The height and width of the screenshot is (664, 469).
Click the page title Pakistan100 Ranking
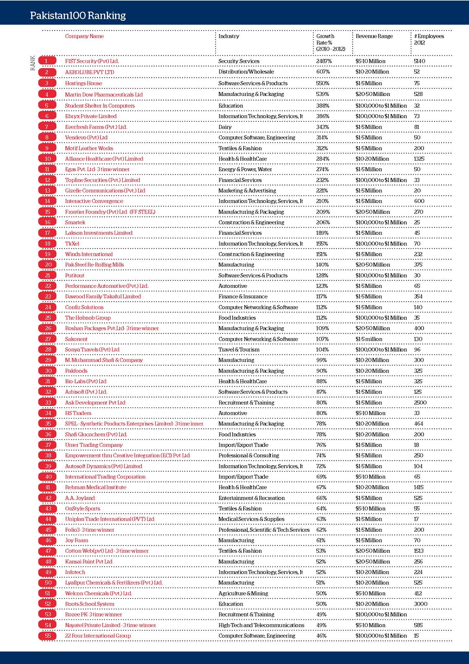78,16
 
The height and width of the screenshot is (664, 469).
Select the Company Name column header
84,36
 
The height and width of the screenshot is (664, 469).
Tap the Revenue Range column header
374,36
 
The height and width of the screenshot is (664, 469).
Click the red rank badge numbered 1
47,61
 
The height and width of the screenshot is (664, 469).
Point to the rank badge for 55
48,635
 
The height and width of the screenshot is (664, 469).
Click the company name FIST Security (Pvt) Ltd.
92,61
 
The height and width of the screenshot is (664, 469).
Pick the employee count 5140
419,61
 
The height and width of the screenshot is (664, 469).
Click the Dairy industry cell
225,127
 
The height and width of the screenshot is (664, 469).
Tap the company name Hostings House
83,83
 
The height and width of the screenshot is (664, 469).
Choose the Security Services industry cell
239,61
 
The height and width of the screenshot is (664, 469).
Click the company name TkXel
72,243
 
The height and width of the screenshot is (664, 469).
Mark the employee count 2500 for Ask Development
420,402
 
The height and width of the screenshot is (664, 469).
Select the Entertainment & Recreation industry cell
251,498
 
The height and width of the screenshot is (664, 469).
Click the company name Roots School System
89,604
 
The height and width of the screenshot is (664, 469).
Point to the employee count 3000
420,604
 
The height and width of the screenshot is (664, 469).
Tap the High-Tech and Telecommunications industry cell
261,625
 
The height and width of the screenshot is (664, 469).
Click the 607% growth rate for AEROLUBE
323,72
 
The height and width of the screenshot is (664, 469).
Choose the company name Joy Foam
76,540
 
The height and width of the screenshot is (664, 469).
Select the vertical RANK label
33,63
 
